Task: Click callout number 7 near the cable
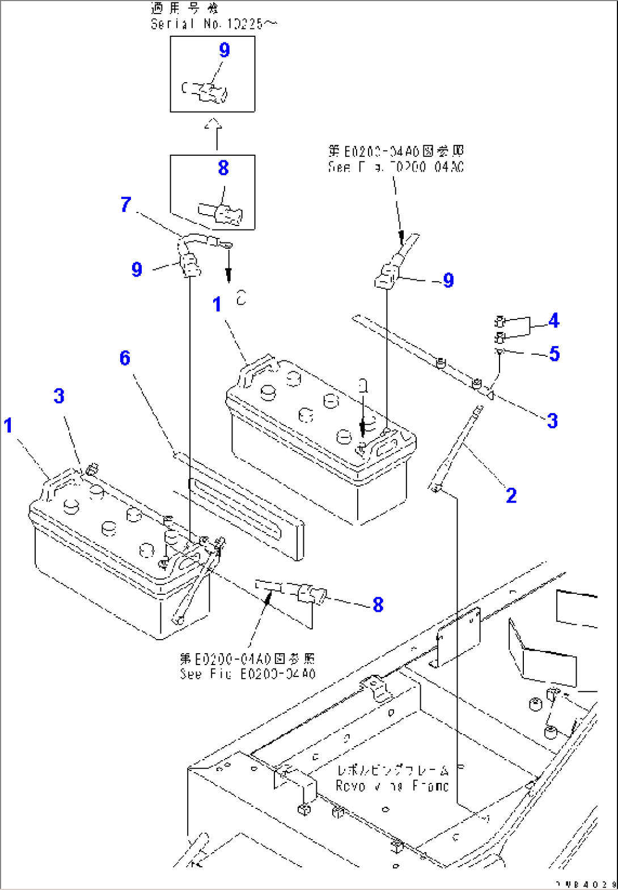126,205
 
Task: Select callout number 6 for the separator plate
125,358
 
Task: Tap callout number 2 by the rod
511,496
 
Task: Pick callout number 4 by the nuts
554,321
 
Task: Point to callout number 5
554,354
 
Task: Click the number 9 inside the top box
225,50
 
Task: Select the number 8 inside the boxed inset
223,168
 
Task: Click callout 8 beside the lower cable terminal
378,605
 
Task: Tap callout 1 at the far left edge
8,425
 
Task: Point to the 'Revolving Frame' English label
392,786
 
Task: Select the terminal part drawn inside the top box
206,91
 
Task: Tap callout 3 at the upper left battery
59,396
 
